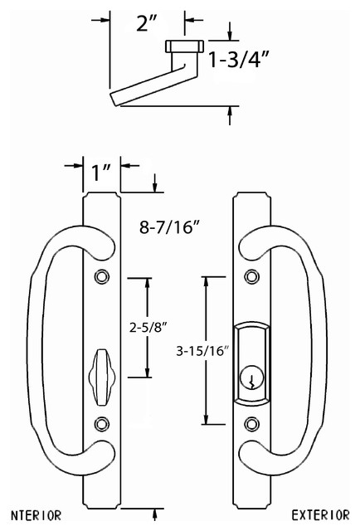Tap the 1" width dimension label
tap(102, 173)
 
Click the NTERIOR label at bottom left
tap(32, 515)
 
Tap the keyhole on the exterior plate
tap(251, 381)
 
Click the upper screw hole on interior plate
tap(102, 275)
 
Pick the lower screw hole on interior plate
tap(102, 423)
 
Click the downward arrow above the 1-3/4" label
tap(230, 34)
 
